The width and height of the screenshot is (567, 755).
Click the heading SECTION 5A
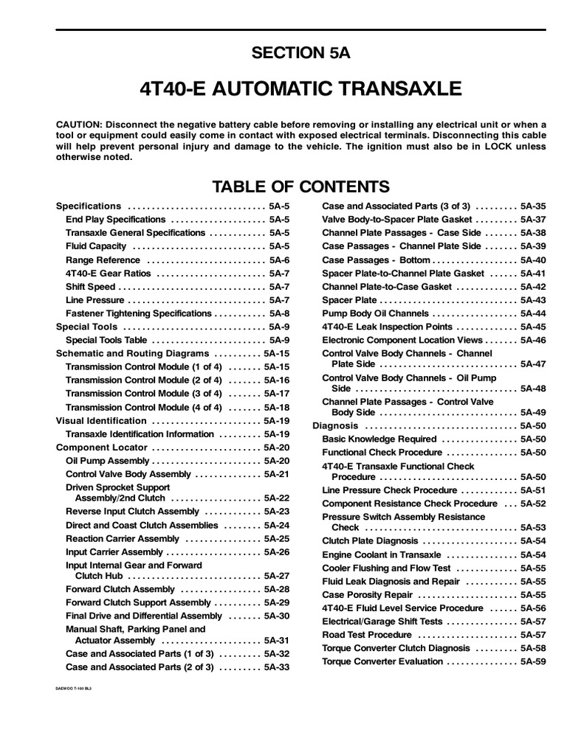[301, 52]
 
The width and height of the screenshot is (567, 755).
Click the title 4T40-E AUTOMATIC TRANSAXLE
[300, 90]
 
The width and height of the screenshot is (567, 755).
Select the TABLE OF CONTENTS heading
[301, 185]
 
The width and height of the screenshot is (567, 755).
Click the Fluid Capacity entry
[96, 246]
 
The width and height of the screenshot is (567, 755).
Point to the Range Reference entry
[103, 260]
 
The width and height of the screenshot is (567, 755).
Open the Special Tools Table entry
[106, 341]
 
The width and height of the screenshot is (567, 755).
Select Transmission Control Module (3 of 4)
[143, 394]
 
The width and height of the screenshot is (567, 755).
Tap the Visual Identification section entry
[101, 421]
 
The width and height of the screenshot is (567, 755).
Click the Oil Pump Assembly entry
[108, 461]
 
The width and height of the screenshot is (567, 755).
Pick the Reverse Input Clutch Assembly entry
[132, 511]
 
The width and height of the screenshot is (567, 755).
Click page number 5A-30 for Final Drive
[276, 616]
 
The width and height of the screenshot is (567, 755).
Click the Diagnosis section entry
[335, 426]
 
